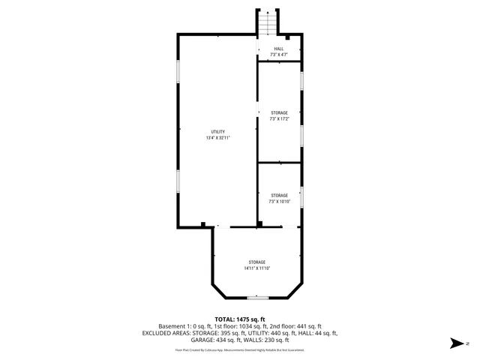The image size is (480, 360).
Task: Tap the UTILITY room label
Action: [217, 132]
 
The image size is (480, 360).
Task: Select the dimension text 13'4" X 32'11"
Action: [217, 138]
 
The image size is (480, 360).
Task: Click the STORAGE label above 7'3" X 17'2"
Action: [279, 113]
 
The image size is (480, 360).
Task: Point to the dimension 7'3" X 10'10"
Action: [279, 201]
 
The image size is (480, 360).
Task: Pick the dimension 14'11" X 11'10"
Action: [256, 268]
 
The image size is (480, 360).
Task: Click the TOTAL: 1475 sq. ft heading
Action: [240, 319]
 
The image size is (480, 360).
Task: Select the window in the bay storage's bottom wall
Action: [257, 298]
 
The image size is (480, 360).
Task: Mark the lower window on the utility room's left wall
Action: [178, 182]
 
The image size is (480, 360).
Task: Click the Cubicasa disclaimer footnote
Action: [240, 349]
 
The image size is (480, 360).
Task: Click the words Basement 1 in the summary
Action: [175, 326]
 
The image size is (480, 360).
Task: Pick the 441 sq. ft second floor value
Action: [307, 326]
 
